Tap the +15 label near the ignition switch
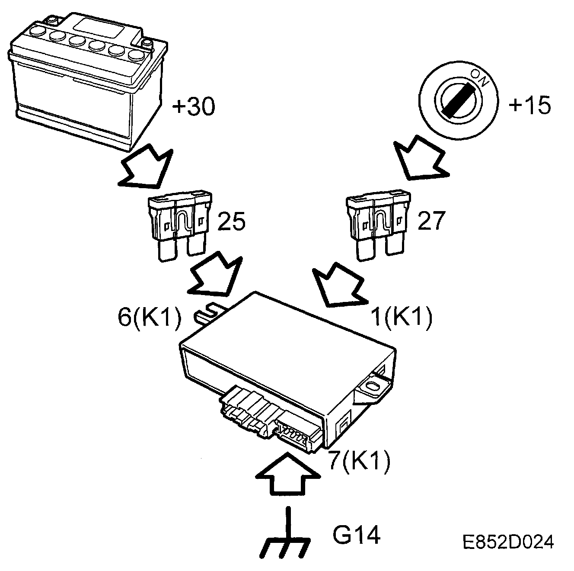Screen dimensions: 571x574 530,106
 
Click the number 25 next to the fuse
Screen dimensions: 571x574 231,221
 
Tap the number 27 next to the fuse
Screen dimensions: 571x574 431,221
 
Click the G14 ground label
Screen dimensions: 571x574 357,535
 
